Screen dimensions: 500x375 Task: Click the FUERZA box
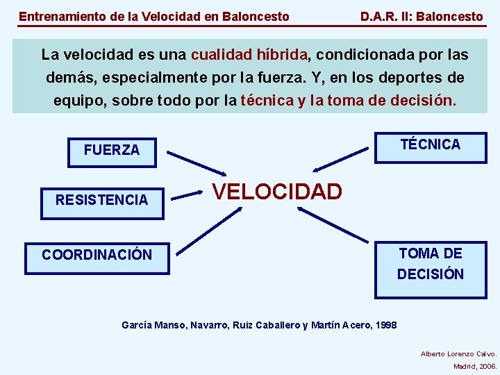point(112,150)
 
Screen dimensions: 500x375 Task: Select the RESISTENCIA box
point(102,201)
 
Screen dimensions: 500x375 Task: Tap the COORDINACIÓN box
point(97,255)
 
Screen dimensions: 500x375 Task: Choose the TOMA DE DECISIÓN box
point(431,264)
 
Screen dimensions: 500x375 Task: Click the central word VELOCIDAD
point(277,192)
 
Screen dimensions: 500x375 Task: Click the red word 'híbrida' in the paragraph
point(281,54)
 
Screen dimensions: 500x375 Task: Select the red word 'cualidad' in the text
point(221,54)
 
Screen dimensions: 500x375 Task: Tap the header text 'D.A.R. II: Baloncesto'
point(422,16)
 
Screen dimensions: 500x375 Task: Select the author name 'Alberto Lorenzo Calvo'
point(458,353)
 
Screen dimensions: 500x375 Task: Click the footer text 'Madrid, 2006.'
point(475,366)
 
